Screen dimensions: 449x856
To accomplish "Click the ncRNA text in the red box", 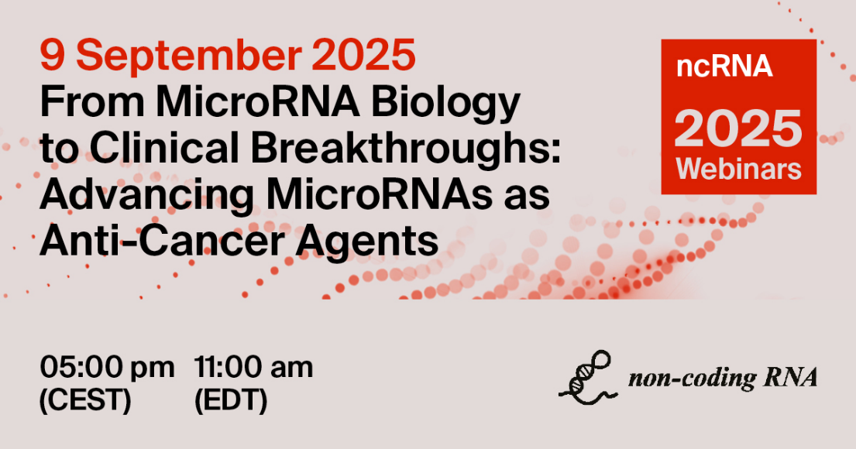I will coord(724,67).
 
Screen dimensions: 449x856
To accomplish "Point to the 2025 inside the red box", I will coord(738,127).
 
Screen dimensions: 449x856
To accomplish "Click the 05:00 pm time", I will coord(107,368).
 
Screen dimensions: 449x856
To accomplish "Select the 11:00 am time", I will coord(254,368).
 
